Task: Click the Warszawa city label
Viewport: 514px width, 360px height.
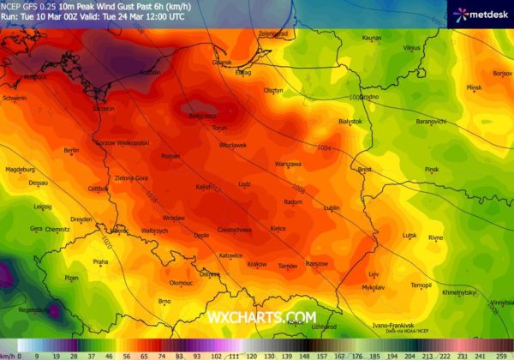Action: pos(288,163)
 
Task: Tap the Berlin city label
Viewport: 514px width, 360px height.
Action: pos(71,150)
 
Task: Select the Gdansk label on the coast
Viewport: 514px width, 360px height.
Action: pos(222,62)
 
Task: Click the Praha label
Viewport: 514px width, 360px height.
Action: pos(100,261)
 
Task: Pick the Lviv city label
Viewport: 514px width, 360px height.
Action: pos(373,273)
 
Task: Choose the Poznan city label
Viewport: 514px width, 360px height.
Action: pos(170,157)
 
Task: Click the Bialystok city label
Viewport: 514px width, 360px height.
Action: pos(351,123)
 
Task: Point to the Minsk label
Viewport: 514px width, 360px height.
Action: pos(474,87)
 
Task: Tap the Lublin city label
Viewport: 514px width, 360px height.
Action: pos(332,207)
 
